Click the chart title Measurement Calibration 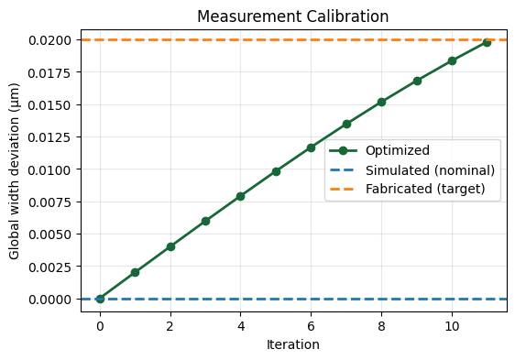(293, 16)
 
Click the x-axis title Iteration (293, 345)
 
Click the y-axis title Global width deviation (16, 169)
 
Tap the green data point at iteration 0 (100, 299)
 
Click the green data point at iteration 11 (487, 42)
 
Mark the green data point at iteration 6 (311, 147)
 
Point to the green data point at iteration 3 (205, 221)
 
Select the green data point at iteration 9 (417, 81)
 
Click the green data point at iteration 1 (135, 272)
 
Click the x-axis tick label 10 (452, 326)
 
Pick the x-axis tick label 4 (240, 326)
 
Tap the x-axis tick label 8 (381, 326)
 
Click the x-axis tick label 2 (170, 326)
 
